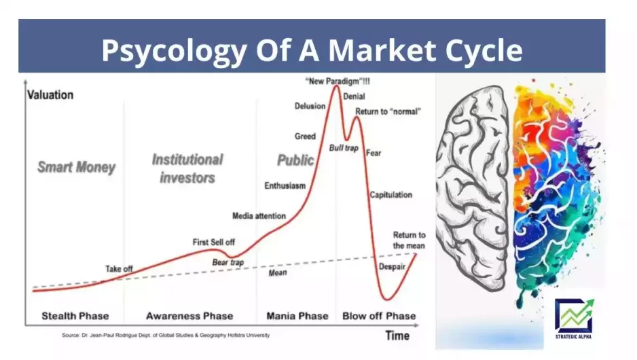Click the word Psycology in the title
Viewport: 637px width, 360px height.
[x=175, y=51]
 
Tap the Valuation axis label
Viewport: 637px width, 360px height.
[x=50, y=95]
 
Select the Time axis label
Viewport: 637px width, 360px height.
[x=397, y=336]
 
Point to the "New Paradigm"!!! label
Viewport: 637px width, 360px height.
[x=338, y=82]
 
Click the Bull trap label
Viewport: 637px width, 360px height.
[x=344, y=148]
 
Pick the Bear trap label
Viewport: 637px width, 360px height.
[x=228, y=262]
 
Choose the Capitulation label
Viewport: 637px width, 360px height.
[x=390, y=195]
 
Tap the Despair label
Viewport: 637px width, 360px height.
[x=392, y=267]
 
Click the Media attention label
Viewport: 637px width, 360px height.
[x=259, y=216]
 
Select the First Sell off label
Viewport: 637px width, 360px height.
[x=214, y=242]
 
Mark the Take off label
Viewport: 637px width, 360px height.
[x=119, y=269]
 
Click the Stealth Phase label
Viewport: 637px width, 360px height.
[x=75, y=316]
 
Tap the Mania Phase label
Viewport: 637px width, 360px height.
[x=297, y=316]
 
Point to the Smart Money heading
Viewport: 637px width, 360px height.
[x=76, y=167]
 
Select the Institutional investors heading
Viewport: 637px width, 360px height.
[x=187, y=168]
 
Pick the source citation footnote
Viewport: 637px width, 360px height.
[x=166, y=336]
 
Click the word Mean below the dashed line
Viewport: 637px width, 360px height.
[x=278, y=272]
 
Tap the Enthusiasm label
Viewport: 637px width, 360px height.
[x=285, y=185]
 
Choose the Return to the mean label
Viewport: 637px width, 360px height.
[x=409, y=240]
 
